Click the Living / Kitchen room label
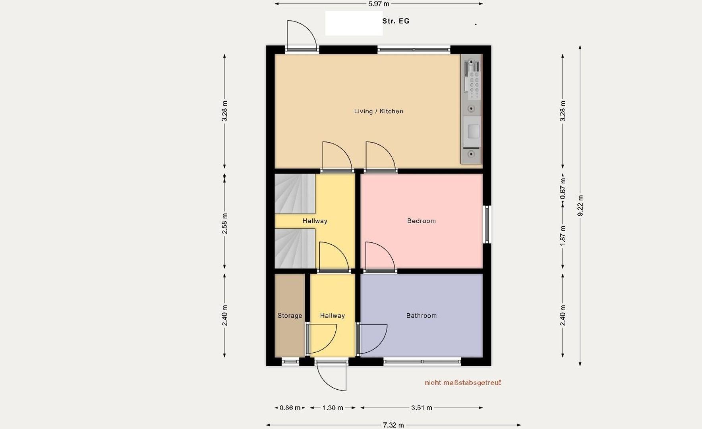(378, 111)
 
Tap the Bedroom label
(421, 221)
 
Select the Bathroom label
(421, 316)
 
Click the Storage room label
(290, 316)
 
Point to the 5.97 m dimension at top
(379, 4)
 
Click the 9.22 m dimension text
(580, 206)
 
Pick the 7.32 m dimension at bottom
(393, 425)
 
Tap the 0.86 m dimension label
(290, 408)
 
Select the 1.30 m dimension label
(333, 408)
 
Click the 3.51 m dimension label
(422, 408)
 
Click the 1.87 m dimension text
(563, 235)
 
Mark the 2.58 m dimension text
(225, 224)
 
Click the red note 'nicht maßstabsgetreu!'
(463, 383)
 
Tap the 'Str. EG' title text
(396, 21)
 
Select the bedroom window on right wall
(487, 224)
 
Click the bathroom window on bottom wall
(422, 361)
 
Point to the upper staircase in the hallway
(294, 193)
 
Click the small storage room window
(290, 361)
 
